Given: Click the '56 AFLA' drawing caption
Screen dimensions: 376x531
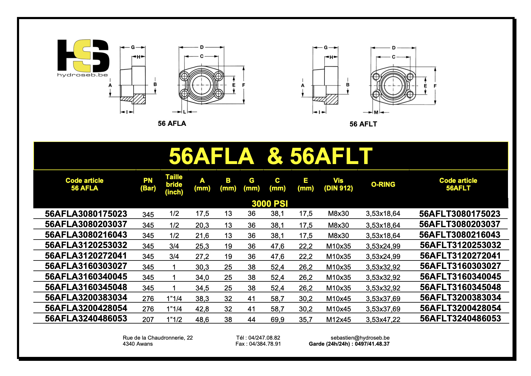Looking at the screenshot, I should point(172,123).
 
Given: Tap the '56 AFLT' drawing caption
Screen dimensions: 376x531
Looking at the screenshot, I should point(363,124).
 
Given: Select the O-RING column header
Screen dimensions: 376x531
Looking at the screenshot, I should point(383,184).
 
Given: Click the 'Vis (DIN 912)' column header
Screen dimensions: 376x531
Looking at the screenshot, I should point(338,184).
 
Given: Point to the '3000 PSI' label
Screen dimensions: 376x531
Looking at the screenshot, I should point(270,203).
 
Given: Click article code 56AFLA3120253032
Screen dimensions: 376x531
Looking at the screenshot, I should point(86,245).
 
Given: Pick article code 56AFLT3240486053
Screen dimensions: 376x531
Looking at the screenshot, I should point(460,318).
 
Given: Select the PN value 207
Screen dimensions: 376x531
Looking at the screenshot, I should point(148,320).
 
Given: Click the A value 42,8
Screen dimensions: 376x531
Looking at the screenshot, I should point(202,309).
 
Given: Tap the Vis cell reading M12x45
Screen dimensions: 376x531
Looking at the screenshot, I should point(338,320).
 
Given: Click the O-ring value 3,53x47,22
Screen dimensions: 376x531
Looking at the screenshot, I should point(383,320).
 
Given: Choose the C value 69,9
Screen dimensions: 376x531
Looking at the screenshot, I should point(277,320).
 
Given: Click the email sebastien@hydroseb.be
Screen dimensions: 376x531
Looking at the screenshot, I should point(360,338).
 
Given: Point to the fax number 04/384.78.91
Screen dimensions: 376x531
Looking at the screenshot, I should point(265,344).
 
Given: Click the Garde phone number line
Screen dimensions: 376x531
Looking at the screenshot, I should point(349,344).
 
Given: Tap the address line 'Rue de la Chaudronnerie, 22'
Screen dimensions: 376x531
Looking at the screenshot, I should point(158,338).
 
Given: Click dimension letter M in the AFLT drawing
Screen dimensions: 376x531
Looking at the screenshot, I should point(376,112).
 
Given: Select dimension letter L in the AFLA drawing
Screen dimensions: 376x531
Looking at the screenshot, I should point(184,112).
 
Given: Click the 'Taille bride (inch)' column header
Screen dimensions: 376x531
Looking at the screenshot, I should point(174,184).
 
